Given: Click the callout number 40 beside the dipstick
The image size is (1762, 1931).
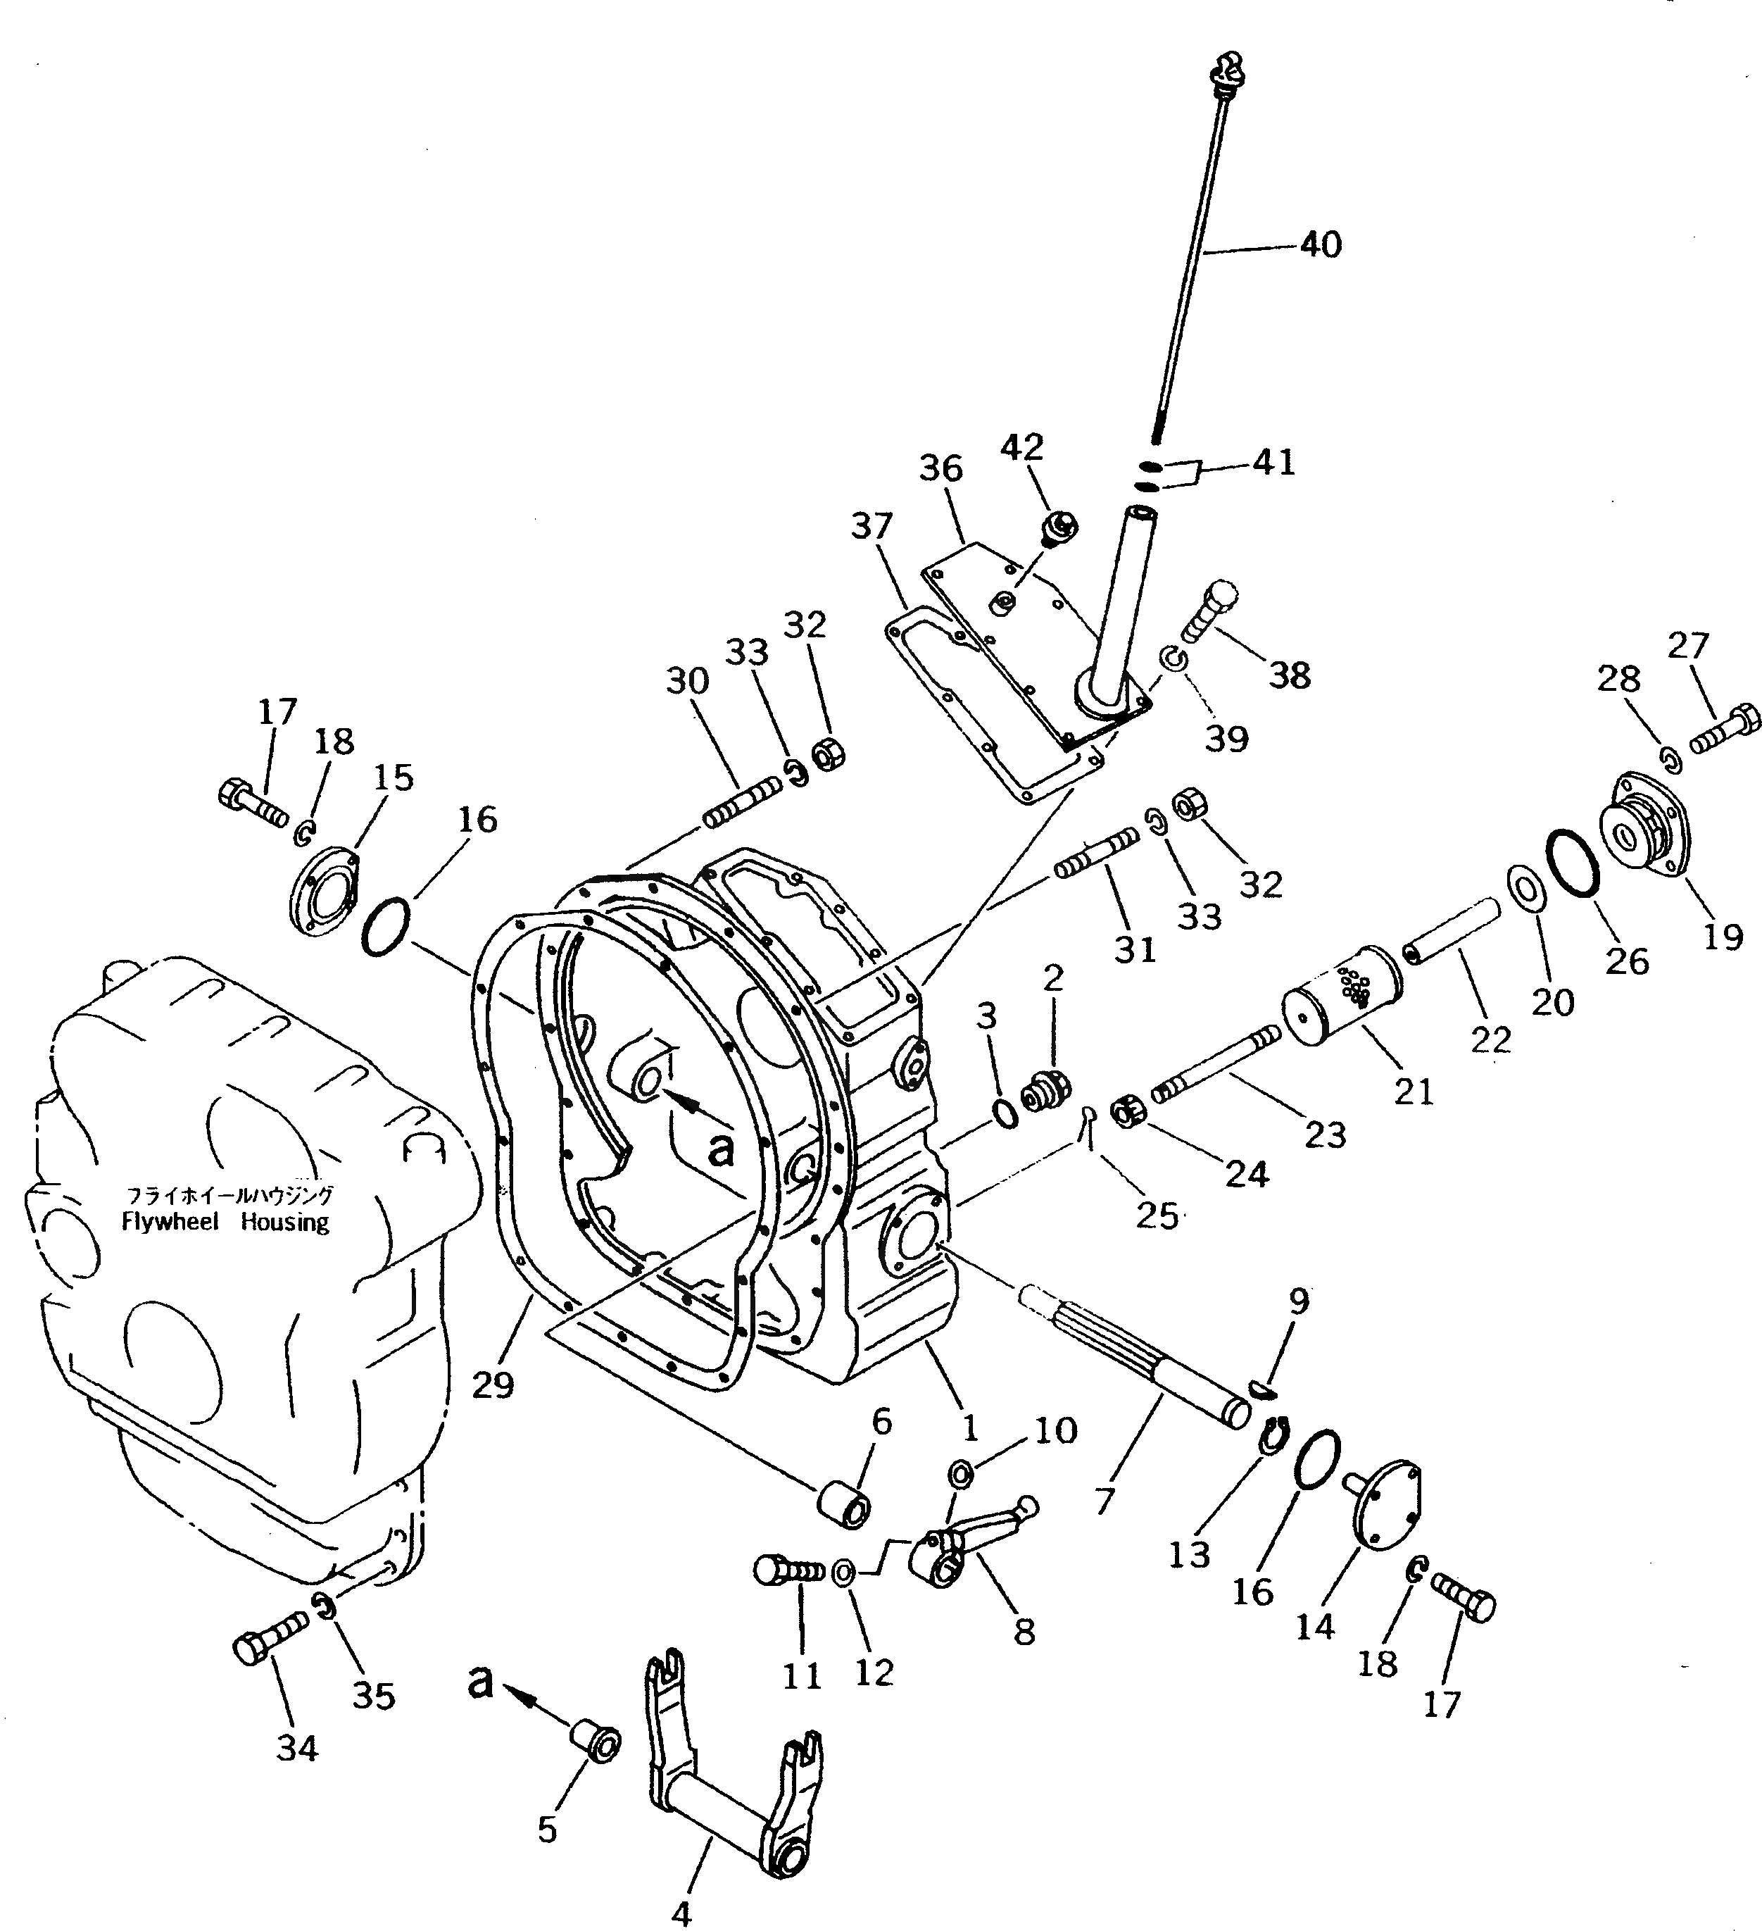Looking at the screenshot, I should pyautogui.click(x=1321, y=245).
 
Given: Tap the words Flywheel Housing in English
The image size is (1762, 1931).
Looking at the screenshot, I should pyautogui.click(x=226, y=1223).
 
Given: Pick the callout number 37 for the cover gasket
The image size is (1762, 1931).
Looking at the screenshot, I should pyautogui.click(x=871, y=526).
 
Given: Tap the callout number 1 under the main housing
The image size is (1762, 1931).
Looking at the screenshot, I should pyautogui.click(x=970, y=1428).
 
